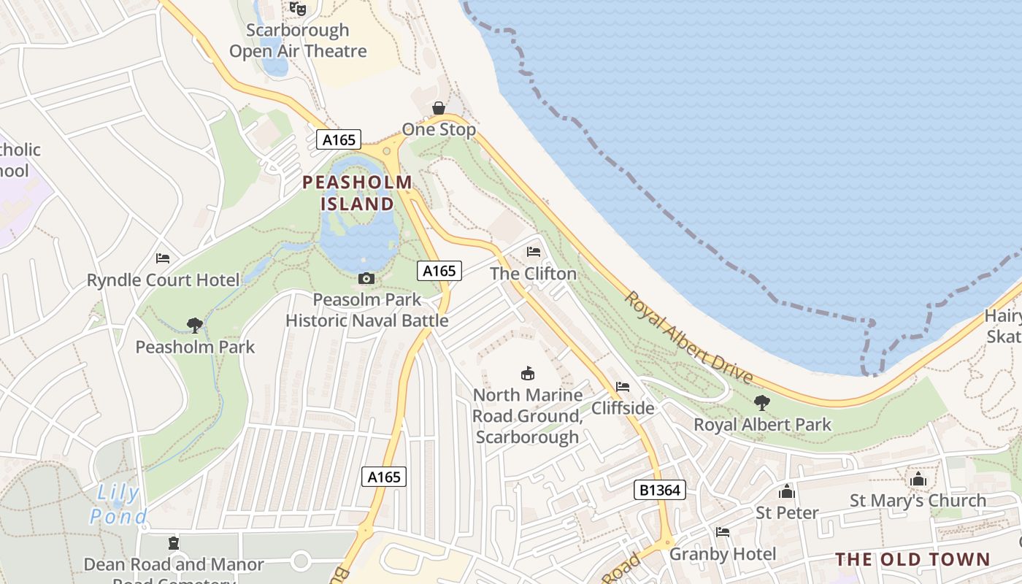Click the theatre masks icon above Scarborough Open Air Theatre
coord(297,8)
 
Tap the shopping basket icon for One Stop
coord(438,108)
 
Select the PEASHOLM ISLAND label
coord(357,193)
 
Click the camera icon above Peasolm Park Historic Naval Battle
coord(366,278)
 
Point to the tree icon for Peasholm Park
coord(194,325)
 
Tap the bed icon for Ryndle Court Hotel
coord(163,258)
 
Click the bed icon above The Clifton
coord(534,252)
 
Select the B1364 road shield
coord(659,490)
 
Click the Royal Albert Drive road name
coord(688,338)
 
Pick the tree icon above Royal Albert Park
coord(762,402)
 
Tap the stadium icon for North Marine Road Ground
coord(527,374)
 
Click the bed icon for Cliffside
coord(623,386)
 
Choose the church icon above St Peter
coord(786,491)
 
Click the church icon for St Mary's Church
coord(918,480)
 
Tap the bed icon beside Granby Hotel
coord(723,532)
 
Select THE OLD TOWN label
coord(912,560)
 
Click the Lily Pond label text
coord(118,504)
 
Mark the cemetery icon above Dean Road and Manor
coord(174,543)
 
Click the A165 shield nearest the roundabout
coord(339,139)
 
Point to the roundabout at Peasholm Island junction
coord(387,151)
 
